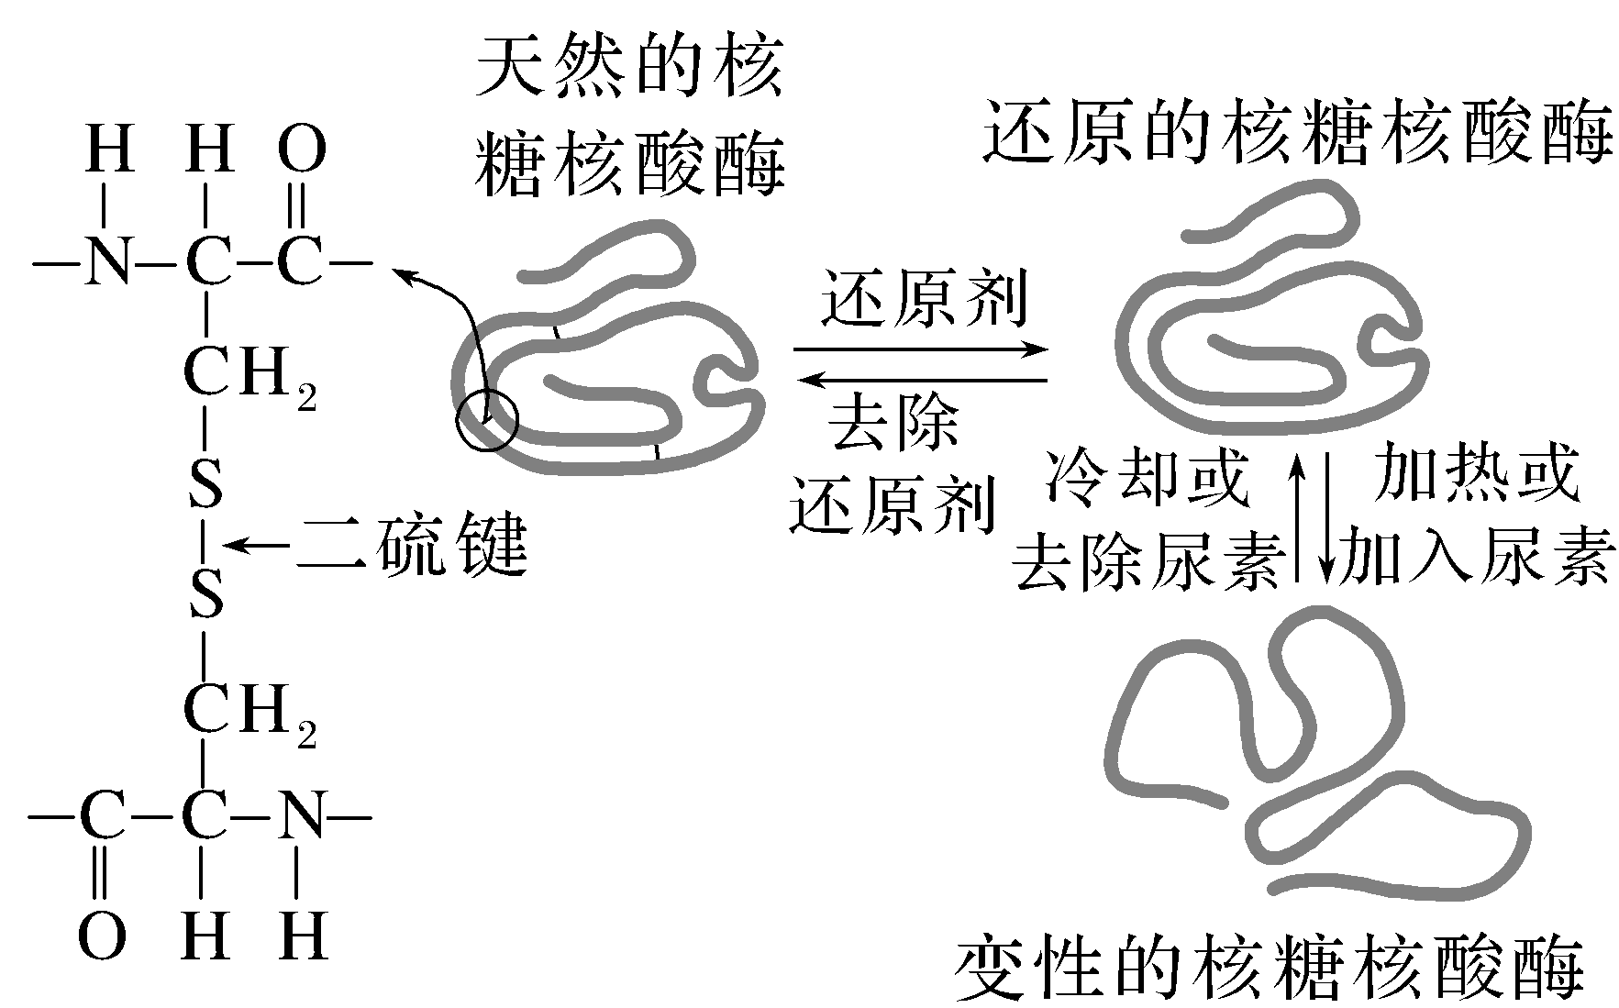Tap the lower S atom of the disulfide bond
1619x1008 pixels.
(206, 594)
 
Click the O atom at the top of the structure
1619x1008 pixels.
(302, 150)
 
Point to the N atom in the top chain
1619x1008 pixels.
(108, 264)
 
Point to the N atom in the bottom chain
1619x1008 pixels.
(302, 814)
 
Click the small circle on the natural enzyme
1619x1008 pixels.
(487, 420)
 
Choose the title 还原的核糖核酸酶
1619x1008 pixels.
(1296, 133)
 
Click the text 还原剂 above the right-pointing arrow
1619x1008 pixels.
(922, 299)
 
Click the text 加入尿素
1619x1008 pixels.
(1475, 557)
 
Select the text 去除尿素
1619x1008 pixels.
(1148, 559)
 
